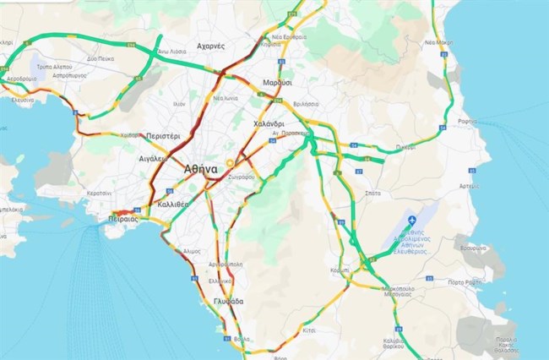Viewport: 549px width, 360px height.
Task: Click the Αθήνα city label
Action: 201,169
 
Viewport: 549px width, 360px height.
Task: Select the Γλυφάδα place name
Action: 228,302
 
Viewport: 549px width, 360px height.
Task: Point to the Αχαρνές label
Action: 209,46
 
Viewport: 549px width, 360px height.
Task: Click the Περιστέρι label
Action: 163,135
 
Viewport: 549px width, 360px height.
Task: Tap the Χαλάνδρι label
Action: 272,123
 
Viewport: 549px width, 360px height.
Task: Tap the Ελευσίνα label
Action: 22,100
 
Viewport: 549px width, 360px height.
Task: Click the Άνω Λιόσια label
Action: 171,52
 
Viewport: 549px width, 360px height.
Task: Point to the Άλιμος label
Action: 191,251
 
